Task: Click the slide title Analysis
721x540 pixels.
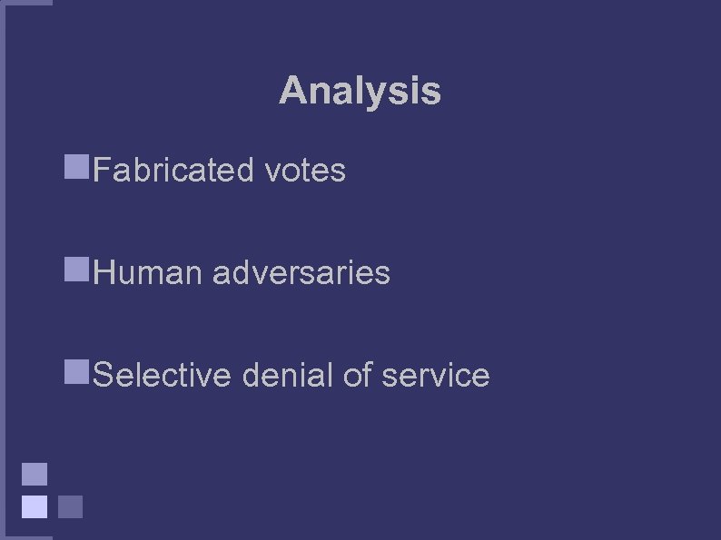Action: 360,91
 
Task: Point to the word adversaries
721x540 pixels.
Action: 301,272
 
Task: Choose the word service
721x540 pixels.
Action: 436,375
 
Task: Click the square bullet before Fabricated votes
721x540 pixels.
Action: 76,166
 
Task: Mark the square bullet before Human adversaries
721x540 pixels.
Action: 76,269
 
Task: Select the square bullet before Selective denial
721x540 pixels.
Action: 76,371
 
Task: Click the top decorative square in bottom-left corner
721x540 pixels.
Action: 34,474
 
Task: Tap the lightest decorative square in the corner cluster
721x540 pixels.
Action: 34,506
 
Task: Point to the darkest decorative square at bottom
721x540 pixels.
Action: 70,506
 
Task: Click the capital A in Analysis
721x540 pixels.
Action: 292,91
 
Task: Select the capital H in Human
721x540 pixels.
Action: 104,272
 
